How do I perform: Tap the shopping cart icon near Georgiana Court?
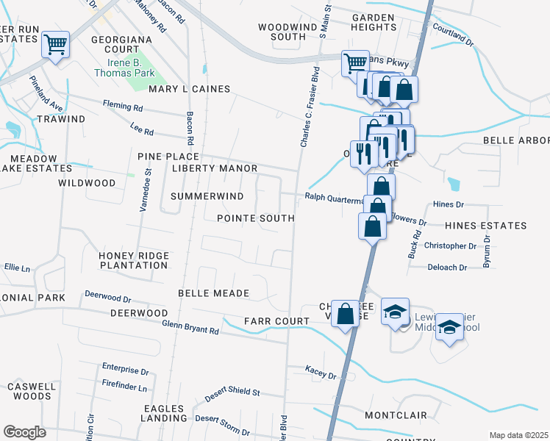click(56, 46)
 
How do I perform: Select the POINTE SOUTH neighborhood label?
click(255, 218)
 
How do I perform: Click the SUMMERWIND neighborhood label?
click(207, 196)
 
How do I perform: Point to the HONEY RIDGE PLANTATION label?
click(133, 260)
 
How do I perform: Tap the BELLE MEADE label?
click(214, 293)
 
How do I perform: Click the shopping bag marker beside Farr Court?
click(345, 315)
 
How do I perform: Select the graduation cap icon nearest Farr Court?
click(395, 312)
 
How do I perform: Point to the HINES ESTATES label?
click(486, 226)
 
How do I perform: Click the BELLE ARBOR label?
click(515, 140)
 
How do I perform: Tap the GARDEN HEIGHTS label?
click(374, 21)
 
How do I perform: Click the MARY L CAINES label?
click(190, 89)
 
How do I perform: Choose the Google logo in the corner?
click(24, 432)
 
